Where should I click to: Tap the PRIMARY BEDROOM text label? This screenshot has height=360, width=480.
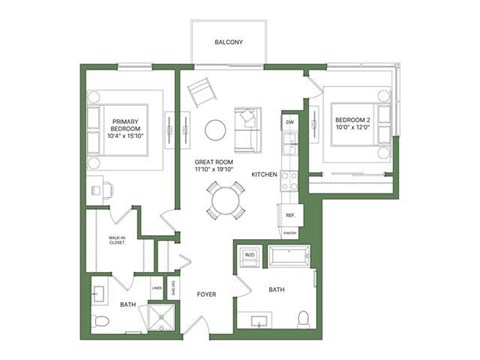coord(130,131)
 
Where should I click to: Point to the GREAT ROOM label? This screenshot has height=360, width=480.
coord(213,166)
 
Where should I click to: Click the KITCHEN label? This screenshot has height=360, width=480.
coord(264,174)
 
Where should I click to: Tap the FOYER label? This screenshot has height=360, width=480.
coord(206,295)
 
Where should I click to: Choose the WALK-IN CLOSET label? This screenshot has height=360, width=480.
coord(116,241)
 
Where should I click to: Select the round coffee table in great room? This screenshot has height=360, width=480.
coord(215,129)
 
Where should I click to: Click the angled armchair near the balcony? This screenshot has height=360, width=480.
coord(202,93)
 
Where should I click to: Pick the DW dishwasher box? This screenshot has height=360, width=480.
coord(290,123)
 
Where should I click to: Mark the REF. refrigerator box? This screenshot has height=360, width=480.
coord(290,215)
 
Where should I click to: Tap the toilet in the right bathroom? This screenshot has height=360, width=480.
coord(303,318)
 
